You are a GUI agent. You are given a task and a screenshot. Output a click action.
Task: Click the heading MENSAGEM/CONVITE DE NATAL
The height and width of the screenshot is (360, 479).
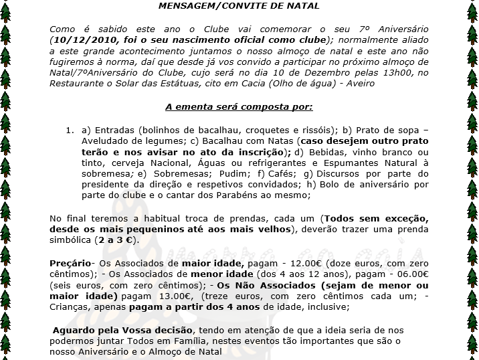pos(239,6)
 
